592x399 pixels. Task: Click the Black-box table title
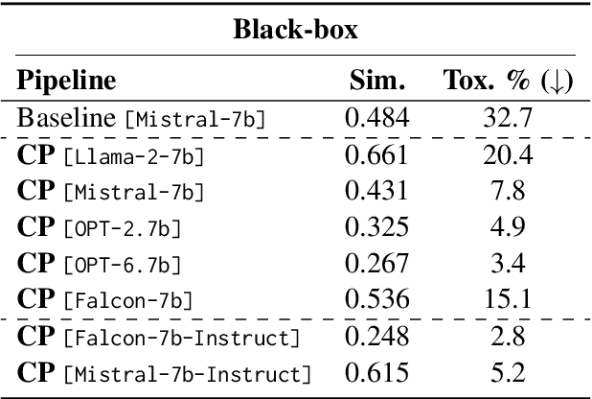click(x=295, y=30)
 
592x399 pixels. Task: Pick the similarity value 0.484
click(x=376, y=119)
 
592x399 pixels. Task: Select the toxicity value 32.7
click(x=508, y=119)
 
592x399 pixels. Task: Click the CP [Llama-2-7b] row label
click(x=111, y=154)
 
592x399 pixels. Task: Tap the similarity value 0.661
click(x=376, y=154)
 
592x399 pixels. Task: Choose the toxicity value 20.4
click(x=508, y=154)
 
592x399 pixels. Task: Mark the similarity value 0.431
click(x=376, y=191)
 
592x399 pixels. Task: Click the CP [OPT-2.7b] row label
click(x=100, y=227)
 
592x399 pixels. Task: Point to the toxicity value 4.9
click(x=508, y=227)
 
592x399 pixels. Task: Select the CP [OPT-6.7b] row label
click(x=100, y=264)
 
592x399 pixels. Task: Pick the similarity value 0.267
click(x=376, y=264)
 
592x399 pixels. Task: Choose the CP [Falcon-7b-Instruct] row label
click(x=158, y=337)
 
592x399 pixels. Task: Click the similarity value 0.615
click(x=376, y=373)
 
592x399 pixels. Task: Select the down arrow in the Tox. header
click(x=555, y=82)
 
